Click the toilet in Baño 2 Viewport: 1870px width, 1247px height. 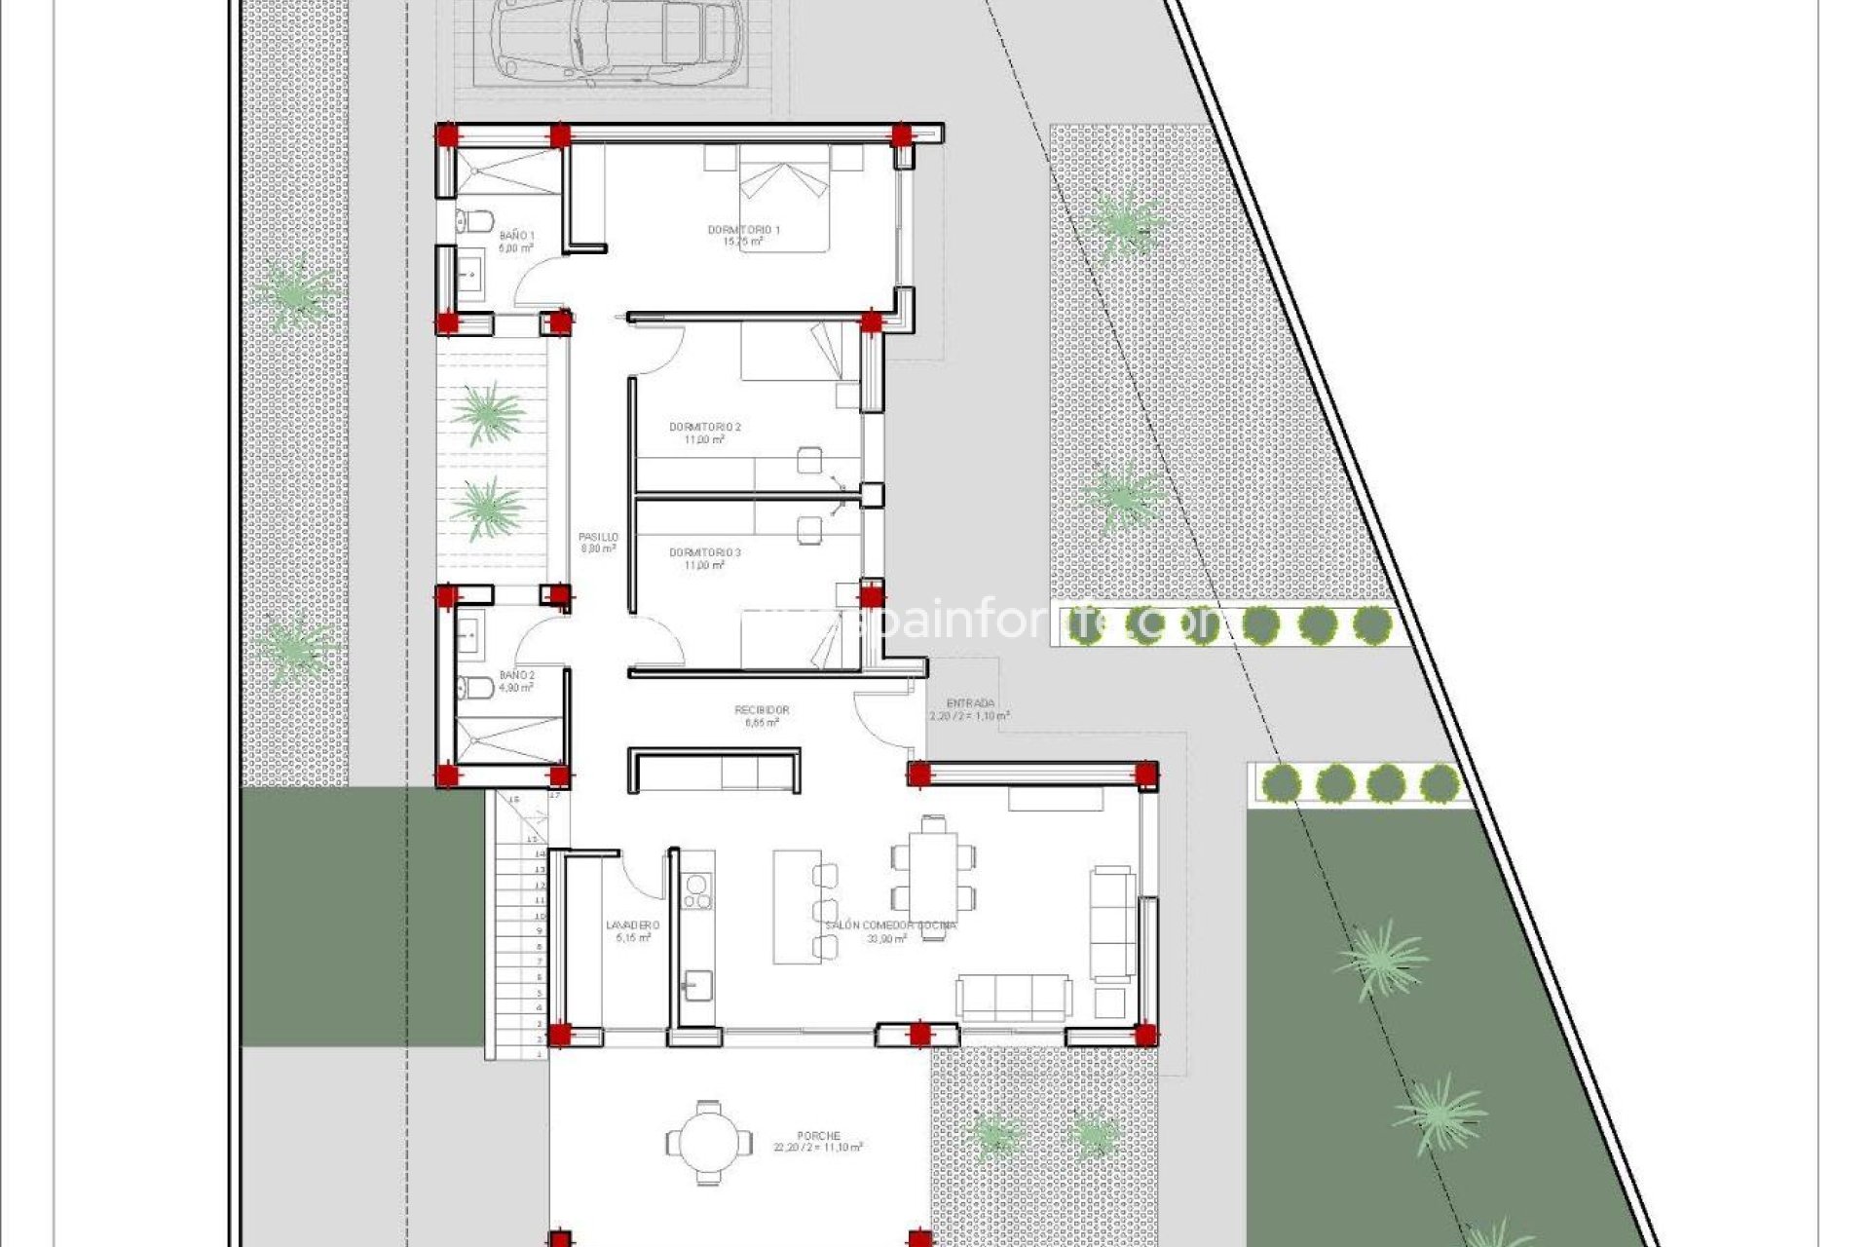click(476, 688)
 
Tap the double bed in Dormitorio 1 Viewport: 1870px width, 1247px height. click(784, 198)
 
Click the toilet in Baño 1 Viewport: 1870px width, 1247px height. click(477, 221)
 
